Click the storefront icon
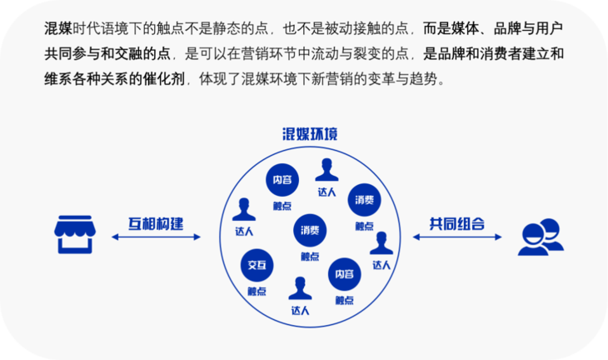tap(75, 235)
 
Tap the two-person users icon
tap(541, 237)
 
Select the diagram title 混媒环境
tap(310, 134)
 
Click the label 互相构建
tap(156, 224)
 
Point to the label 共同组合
tap(456, 224)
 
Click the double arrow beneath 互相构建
tap(156, 237)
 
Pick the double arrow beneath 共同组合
tap(457, 237)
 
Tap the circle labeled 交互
tap(257, 265)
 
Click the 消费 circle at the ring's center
tap(310, 231)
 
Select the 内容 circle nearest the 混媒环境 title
tap(282, 180)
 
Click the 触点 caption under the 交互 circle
tap(257, 292)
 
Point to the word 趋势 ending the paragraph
tap(425, 79)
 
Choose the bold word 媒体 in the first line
tap(466, 28)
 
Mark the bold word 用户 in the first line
tap(550, 28)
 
